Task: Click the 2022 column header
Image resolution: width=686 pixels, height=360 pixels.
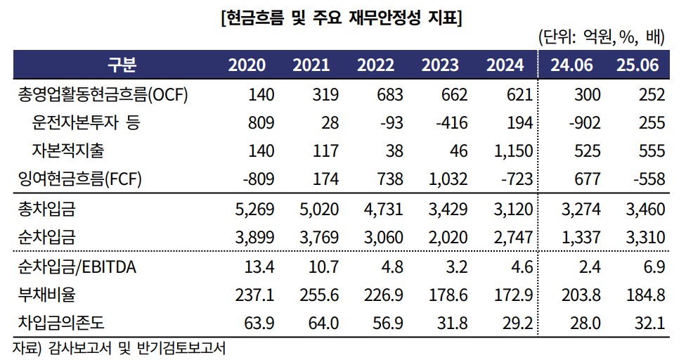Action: click(375, 65)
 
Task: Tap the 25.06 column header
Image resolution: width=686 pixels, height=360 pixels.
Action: click(637, 65)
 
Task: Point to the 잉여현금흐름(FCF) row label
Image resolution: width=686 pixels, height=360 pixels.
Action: click(80, 179)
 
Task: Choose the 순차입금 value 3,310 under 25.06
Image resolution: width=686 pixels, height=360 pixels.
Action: click(643, 237)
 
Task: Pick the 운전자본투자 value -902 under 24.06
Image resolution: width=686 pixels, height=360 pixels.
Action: click(583, 123)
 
